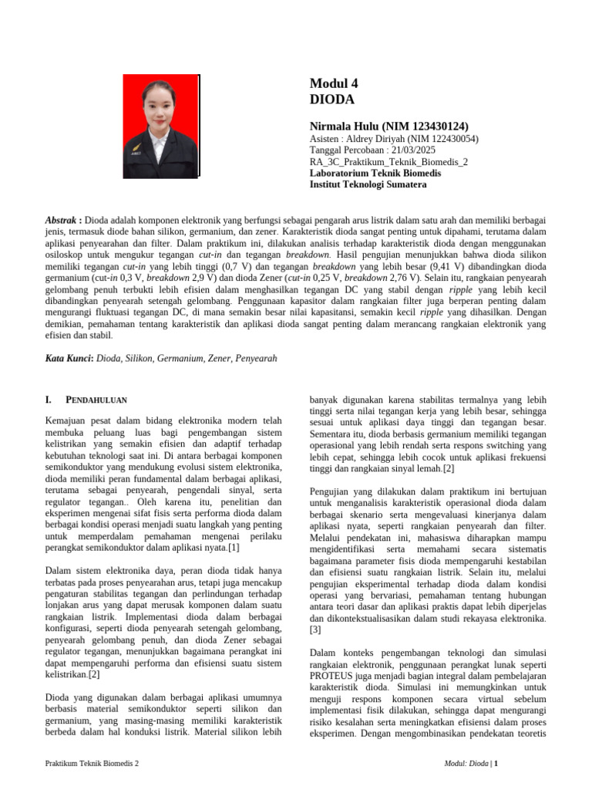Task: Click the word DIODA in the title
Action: tap(332, 100)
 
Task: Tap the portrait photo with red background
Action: tap(161, 127)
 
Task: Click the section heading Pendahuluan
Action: tap(96, 400)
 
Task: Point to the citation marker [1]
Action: tap(233, 548)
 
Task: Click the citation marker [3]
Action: tap(314, 630)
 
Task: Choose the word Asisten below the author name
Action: tap(325, 139)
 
